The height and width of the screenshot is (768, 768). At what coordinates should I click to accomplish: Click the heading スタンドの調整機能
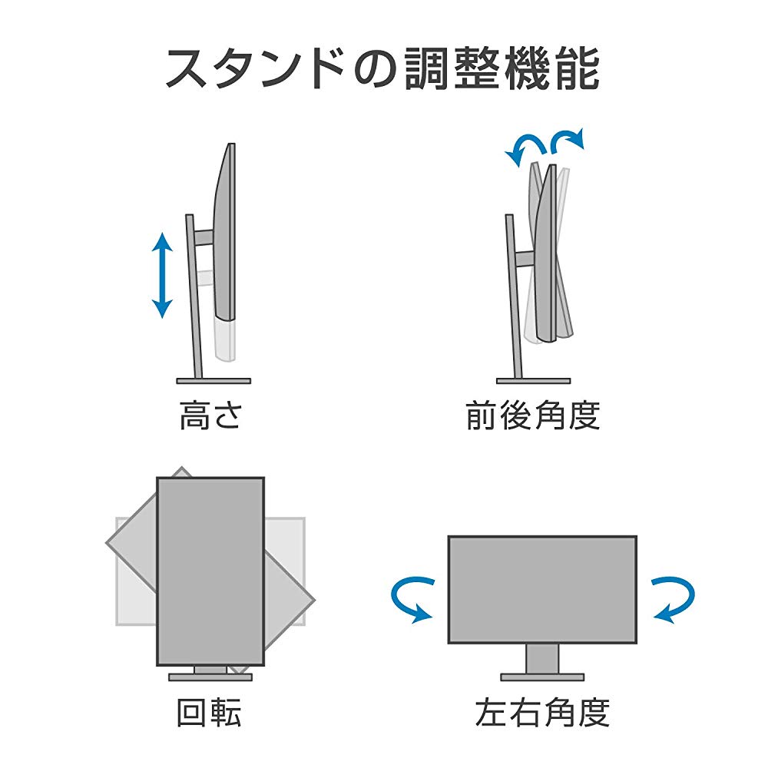383,69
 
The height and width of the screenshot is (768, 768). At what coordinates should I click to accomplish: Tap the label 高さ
210,415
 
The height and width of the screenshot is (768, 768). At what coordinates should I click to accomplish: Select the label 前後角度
533,415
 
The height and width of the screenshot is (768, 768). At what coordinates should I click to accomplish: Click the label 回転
209,712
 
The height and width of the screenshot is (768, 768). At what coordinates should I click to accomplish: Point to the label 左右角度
542,712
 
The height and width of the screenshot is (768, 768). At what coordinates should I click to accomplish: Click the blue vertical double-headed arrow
162,275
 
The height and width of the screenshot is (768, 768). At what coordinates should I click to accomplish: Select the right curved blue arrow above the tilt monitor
568,141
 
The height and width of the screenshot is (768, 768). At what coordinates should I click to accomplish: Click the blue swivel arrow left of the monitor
412,600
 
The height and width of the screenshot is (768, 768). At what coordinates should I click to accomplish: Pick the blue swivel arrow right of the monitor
673,600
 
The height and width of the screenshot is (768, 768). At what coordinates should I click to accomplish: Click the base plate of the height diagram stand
214,381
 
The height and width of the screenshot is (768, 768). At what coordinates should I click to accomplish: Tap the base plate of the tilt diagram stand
534,381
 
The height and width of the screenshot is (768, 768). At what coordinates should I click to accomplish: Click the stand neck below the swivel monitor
542,659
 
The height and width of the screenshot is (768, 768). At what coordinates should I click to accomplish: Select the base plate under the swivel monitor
542,677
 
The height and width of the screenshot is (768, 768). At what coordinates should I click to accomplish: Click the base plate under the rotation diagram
210,677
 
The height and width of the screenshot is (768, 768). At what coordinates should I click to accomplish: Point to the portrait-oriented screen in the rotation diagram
210,571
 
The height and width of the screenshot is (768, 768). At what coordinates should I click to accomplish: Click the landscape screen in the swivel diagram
542,590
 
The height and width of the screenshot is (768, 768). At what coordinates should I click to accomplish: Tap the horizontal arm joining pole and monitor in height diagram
204,237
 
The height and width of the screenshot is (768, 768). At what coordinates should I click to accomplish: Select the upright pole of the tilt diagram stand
514,296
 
